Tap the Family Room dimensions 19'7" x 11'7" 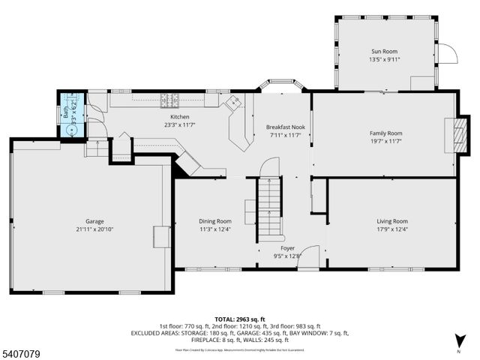pyautogui.click(x=385, y=141)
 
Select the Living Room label pyautogui.click(x=391, y=221)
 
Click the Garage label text pyautogui.click(x=94, y=221)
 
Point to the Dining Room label pyautogui.click(x=215, y=221)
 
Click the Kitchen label pyautogui.click(x=179, y=117)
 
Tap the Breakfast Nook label pyautogui.click(x=285, y=127)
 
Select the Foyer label pyautogui.click(x=288, y=247)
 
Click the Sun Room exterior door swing pyautogui.click(x=445, y=55)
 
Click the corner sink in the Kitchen pyautogui.click(x=232, y=103)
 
